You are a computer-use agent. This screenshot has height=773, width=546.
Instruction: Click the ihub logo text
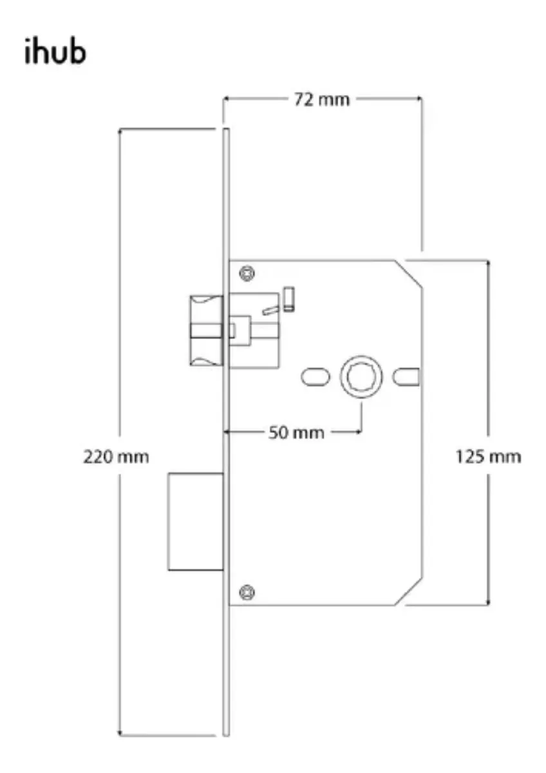(55, 52)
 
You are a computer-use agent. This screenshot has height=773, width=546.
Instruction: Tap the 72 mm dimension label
(322, 99)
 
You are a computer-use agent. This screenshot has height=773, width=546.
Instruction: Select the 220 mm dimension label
(117, 457)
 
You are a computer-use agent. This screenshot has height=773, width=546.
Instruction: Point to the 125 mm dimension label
(489, 457)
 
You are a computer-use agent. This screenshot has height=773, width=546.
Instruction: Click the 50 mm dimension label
(297, 432)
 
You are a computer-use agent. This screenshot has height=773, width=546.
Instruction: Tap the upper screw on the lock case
(247, 274)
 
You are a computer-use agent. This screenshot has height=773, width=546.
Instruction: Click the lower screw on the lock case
(247, 592)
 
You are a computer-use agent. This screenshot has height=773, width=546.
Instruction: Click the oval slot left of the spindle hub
(315, 377)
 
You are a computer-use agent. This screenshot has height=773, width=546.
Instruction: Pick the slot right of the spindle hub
(406, 377)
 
